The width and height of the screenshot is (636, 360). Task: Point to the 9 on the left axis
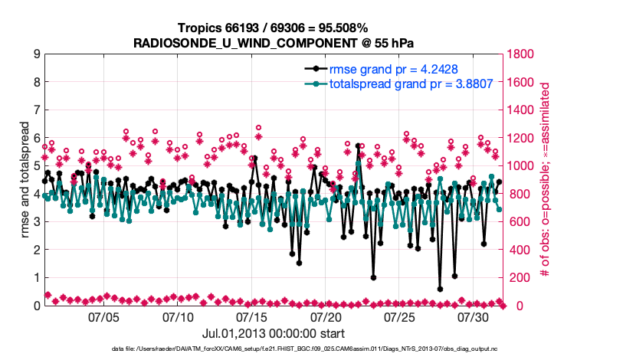coord(36,54)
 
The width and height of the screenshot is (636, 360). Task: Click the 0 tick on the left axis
coord(36,306)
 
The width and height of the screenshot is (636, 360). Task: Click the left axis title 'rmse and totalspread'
coord(26,180)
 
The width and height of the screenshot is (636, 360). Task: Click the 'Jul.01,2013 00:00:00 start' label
coord(273,333)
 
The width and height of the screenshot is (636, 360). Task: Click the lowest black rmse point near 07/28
coord(440,290)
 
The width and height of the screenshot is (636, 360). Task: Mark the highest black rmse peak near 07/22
coord(358,146)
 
